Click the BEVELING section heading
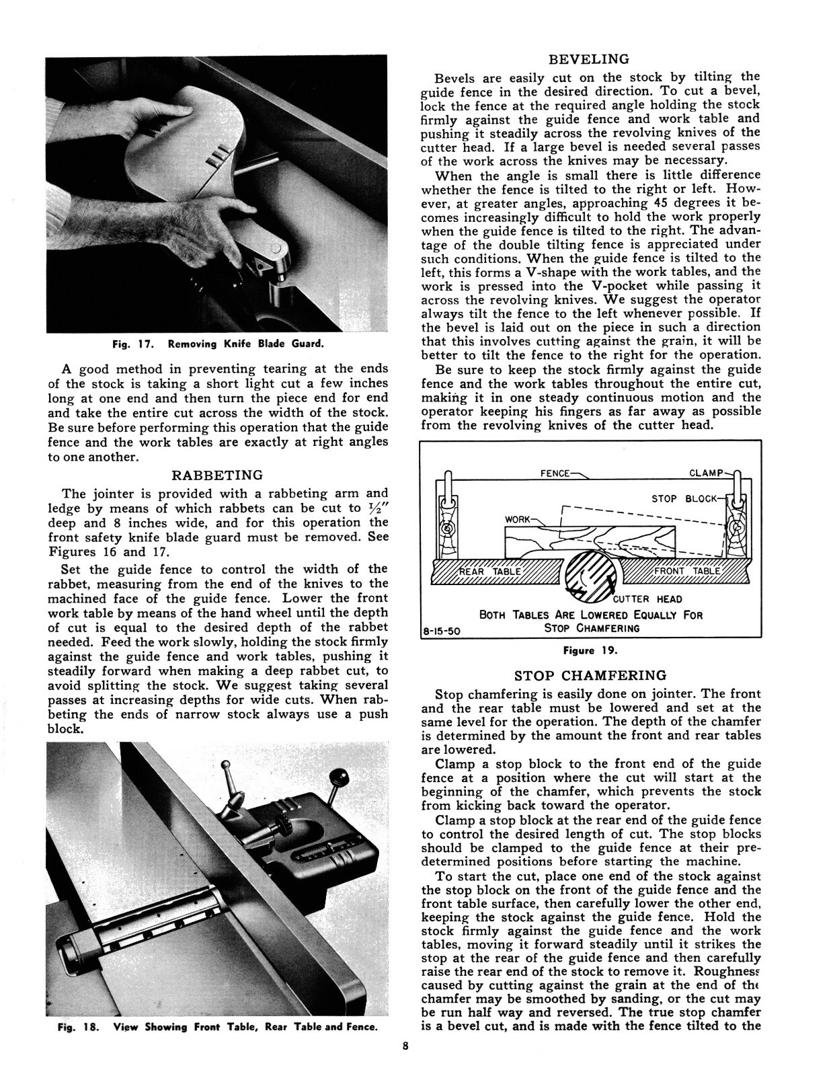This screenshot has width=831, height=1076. click(589, 59)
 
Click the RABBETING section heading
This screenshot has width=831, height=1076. click(218, 476)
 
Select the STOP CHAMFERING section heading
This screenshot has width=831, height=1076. click(590, 675)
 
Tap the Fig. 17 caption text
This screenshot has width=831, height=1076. click(218, 344)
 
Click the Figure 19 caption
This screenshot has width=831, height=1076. click(590, 650)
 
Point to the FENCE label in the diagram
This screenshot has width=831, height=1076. click(555, 473)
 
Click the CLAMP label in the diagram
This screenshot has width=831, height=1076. click(705, 473)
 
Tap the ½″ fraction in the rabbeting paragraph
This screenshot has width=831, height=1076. click(377, 507)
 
